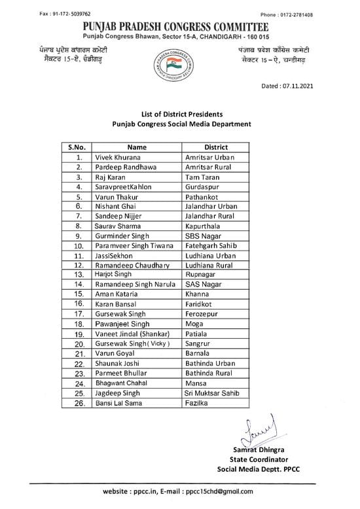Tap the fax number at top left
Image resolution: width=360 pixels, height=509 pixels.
coord(65,14)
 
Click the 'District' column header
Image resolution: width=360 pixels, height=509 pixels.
coord(215,147)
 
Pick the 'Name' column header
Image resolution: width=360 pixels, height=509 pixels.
coord(137,147)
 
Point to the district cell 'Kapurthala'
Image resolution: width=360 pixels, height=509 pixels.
coord(206,226)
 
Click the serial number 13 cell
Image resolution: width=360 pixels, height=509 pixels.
coord(78,275)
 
